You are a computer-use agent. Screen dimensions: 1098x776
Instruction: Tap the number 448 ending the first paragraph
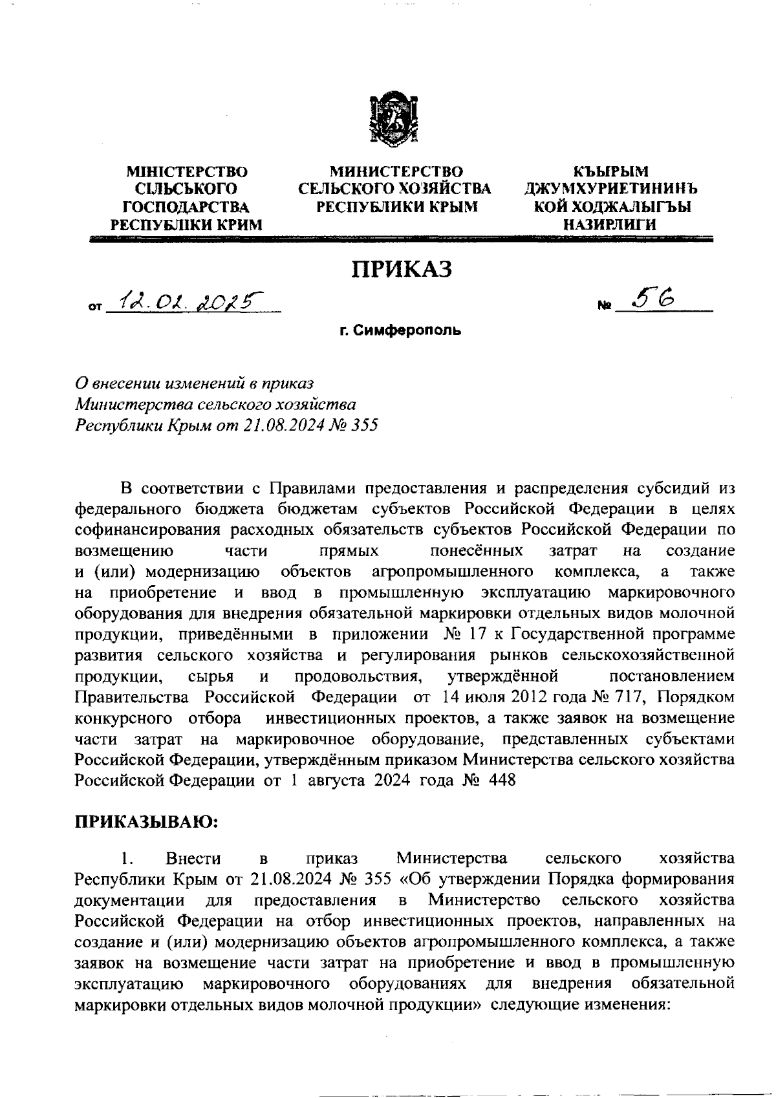502,780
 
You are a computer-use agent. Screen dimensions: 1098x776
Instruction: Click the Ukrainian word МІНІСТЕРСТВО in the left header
187,172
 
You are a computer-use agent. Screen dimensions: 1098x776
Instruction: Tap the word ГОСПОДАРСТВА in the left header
186,207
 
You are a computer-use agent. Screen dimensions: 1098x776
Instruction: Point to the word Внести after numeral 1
193,858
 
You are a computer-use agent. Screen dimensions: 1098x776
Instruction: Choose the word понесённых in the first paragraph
476,551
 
